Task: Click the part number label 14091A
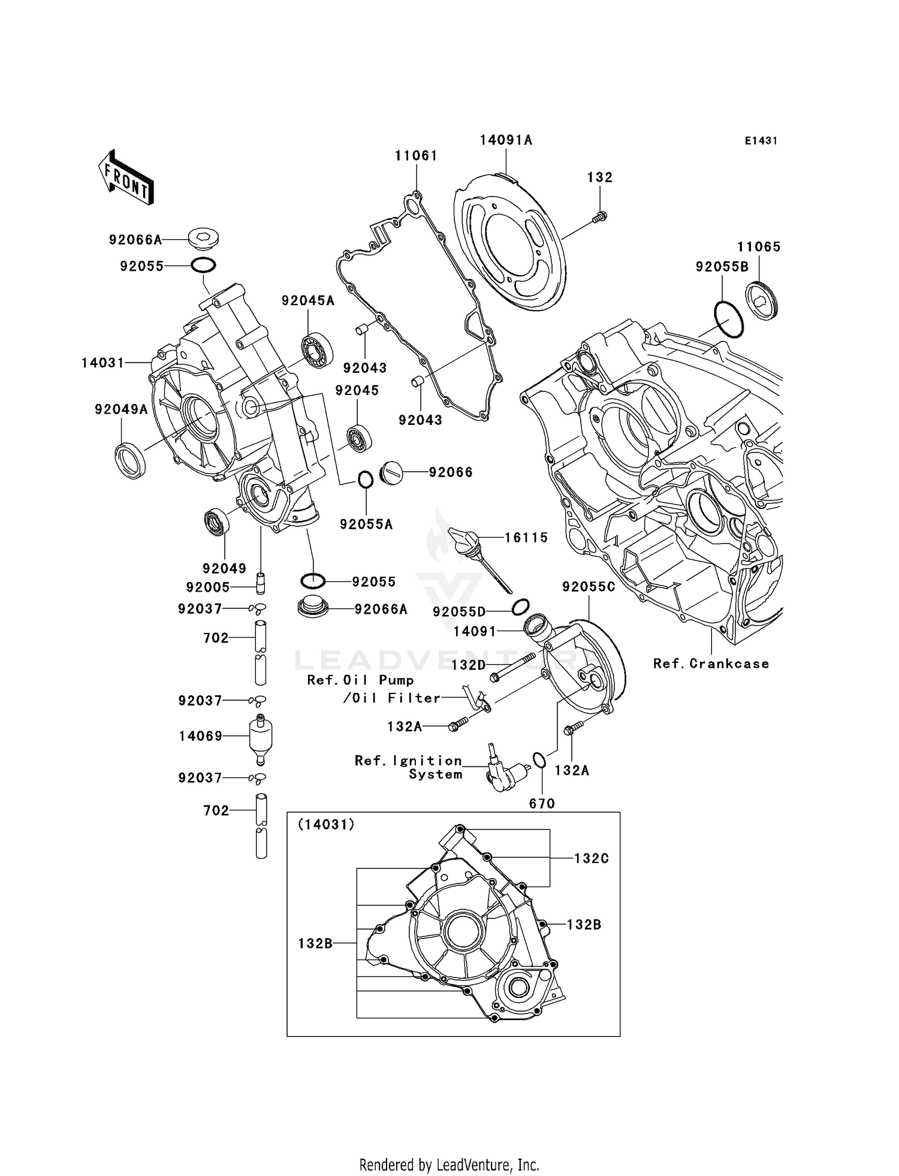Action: point(506,140)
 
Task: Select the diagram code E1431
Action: point(761,141)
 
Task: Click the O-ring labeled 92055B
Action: point(728,319)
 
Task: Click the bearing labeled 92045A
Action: point(316,350)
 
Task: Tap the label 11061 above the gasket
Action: point(416,156)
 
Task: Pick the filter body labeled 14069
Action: point(260,737)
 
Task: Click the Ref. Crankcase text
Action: point(711,664)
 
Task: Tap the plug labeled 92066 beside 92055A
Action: point(391,472)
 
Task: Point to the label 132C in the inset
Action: point(591,858)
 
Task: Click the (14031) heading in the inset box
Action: point(326,825)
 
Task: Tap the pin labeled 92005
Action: point(261,581)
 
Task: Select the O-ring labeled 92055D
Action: point(520,607)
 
